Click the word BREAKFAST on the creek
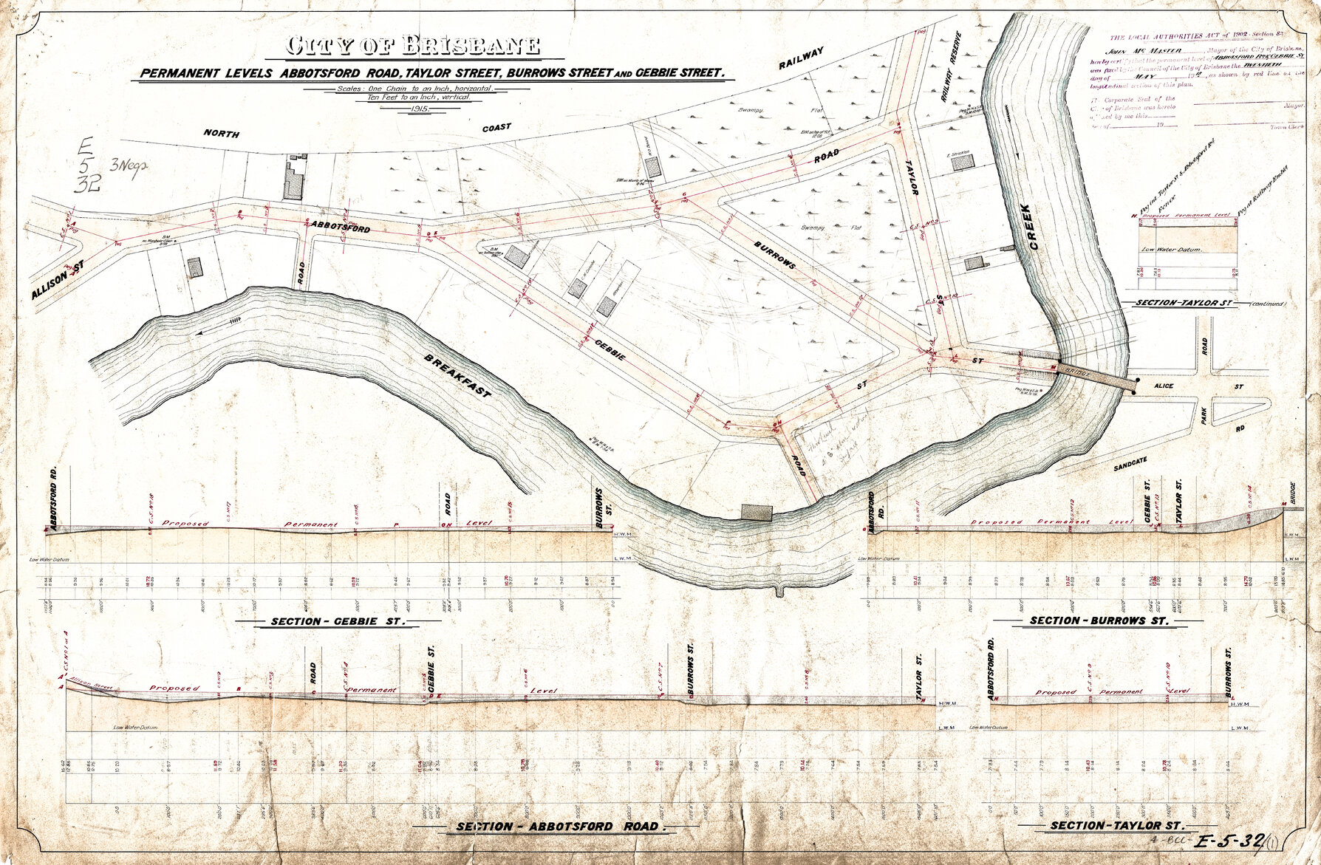(x=457, y=376)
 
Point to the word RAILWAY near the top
(x=801, y=58)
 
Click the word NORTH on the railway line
(x=222, y=134)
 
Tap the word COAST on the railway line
(x=496, y=128)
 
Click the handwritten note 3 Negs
(x=130, y=165)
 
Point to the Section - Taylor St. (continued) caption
(x=1204, y=303)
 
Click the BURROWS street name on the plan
(x=775, y=254)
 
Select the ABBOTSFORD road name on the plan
(x=341, y=226)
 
